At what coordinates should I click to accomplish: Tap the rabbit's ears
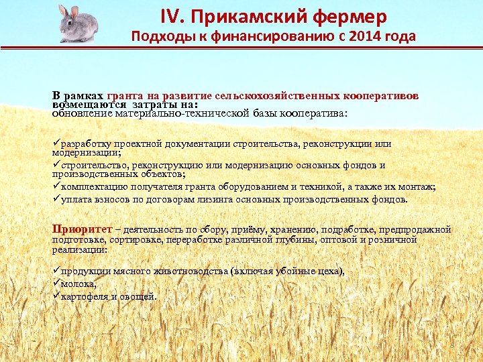[x=65, y=10]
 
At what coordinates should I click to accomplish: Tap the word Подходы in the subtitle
[x=161, y=36]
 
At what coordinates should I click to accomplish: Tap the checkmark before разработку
[x=56, y=143]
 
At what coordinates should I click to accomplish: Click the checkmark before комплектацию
[x=56, y=186]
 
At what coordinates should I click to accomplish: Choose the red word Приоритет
[x=77, y=229]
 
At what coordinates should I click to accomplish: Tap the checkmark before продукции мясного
[x=56, y=271]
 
